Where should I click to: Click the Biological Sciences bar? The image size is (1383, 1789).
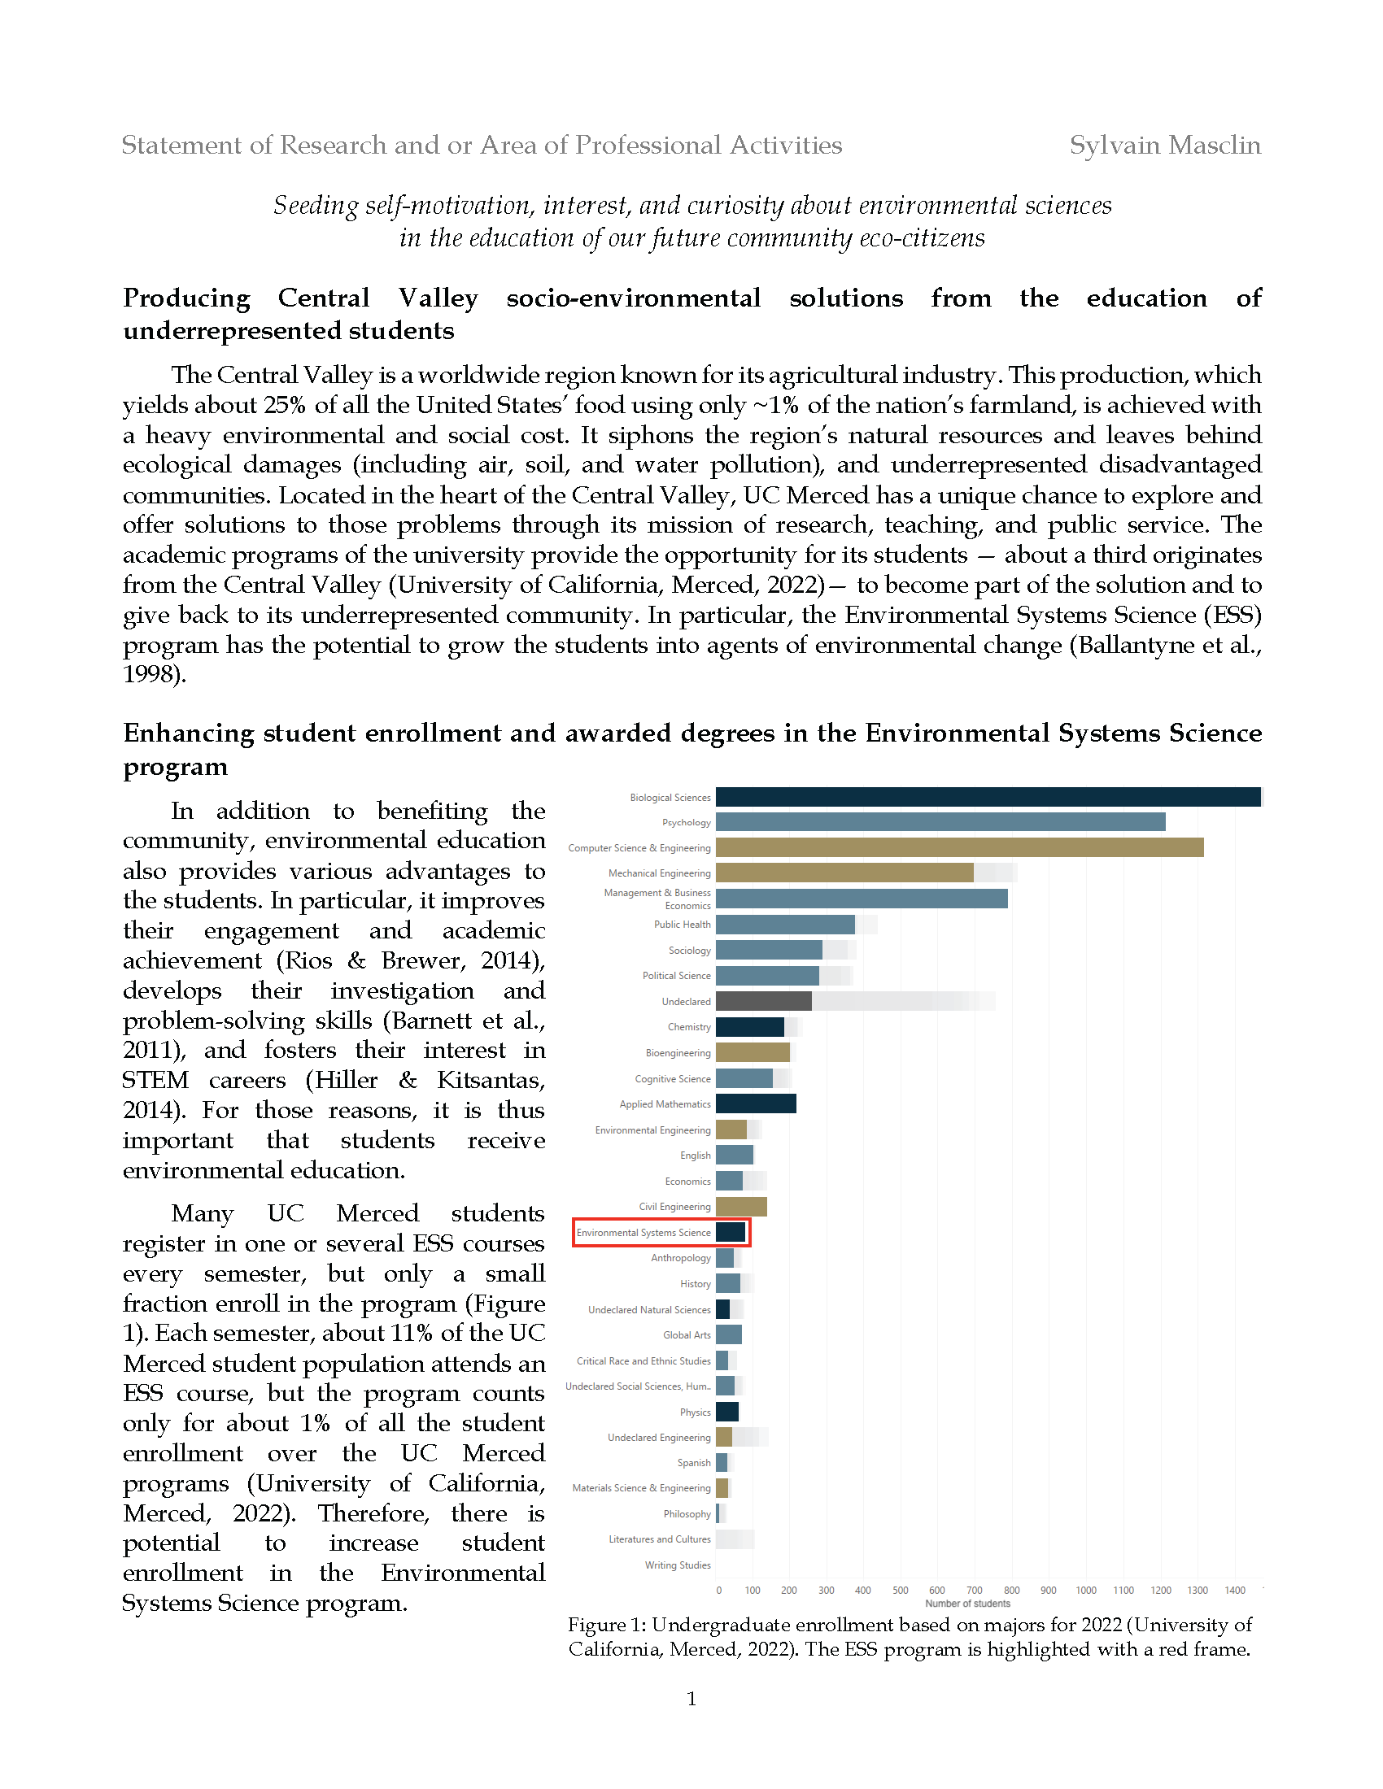point(988,797)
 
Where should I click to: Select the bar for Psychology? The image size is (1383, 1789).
point(940,822)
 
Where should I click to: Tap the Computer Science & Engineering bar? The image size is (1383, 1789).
point(958,848)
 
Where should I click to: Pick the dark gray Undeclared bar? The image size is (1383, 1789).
point(763,1001)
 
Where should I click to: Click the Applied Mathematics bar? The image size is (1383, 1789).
point(756,1104)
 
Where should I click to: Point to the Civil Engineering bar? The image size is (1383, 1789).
point(740,1207)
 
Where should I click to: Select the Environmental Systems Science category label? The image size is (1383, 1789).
point(644,1233)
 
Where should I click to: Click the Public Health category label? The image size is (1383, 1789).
point(682,925)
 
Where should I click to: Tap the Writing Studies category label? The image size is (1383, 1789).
point(678,1565)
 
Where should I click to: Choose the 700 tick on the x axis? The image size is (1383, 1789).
point(974,1591)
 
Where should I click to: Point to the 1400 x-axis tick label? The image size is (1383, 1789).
point(1235,1591)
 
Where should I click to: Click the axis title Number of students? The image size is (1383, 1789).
point(967,1604)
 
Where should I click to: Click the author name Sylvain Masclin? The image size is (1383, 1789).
point(1164,145)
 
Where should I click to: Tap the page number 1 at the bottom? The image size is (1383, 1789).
point(691,1699)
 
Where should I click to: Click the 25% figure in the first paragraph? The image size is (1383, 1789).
point(286,406)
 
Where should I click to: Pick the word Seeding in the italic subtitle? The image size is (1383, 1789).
point(316,205)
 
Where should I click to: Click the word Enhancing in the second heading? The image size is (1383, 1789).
point(189,733)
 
